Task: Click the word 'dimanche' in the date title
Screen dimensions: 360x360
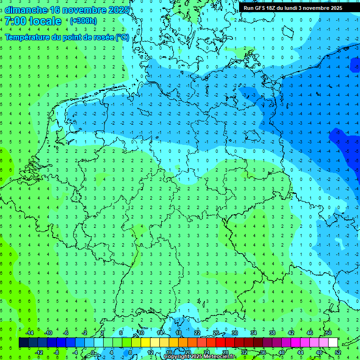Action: pos(25,10)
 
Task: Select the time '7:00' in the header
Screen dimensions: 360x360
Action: pos(16,21)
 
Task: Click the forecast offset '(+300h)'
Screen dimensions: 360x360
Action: pos(83,21)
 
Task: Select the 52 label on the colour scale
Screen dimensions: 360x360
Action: pos(337,352)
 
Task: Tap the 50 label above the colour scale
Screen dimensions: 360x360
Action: pos(328,333)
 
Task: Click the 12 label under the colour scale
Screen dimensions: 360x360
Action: pos(150,352)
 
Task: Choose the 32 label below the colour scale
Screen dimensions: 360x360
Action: pos(244,352)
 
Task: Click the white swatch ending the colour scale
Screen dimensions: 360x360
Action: pos(333,343)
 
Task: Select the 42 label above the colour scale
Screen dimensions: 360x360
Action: pos(291,333)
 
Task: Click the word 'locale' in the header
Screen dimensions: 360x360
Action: pos(45,21)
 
